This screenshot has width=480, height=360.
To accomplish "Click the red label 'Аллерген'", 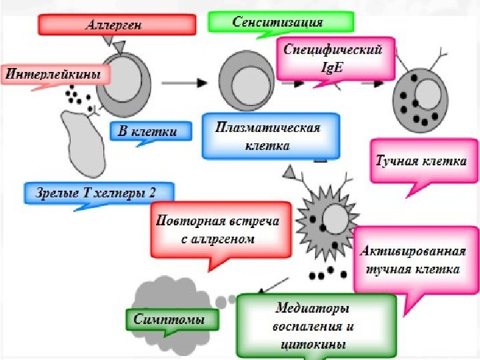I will (x=117, y=25).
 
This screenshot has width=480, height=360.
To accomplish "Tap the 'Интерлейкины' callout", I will (x=56, y=74).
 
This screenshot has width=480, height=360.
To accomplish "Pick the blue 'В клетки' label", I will (x=148, y=131).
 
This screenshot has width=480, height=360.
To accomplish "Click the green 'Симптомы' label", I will (x=172, y=319).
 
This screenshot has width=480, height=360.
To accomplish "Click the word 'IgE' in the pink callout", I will (x=334, y=66).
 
